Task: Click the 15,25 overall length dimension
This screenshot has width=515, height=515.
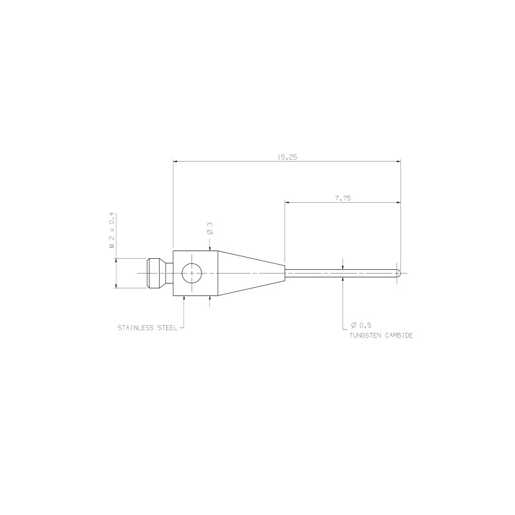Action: (287, 157)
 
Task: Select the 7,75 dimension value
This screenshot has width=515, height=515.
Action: (342, 198)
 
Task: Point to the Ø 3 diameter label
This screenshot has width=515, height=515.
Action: (210, 228)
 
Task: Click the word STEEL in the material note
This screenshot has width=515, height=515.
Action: (167, 328)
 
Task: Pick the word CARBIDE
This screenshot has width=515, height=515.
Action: (399, 336)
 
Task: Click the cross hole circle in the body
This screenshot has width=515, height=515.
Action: (192, 274)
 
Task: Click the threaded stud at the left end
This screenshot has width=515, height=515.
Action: (154, 274)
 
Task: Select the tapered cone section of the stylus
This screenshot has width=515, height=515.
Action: (251, 274)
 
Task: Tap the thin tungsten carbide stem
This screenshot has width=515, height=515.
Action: (341, 274)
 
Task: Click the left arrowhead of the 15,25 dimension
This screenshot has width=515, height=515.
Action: (176, 162)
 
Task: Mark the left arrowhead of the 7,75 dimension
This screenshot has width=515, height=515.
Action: (288, 203)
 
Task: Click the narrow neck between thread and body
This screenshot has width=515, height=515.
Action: (169, 274)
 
